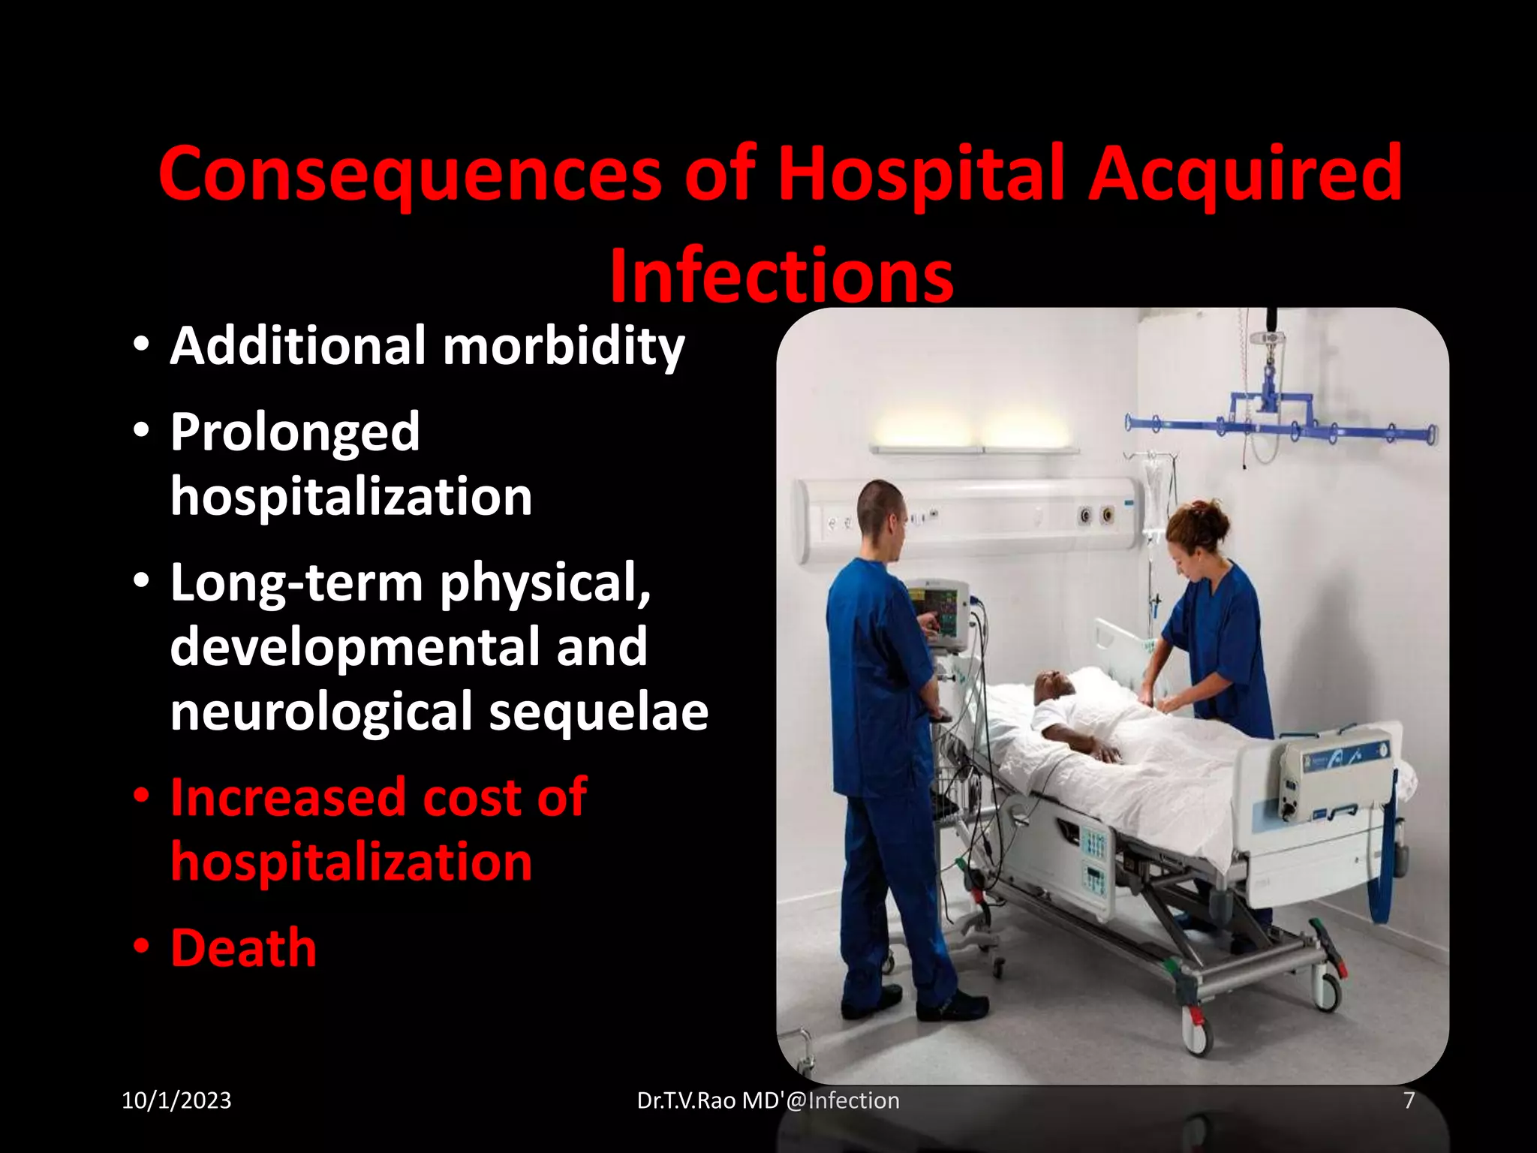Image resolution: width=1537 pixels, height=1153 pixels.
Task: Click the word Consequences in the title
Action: pyautogui.click(x=409, y=174)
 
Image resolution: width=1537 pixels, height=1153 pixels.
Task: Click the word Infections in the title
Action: pyautogui.click(x=781, y=276)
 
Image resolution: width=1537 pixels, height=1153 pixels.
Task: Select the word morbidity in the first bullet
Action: pyautogui.click(x=564, y=346)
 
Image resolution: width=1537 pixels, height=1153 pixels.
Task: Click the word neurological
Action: pyautogui.click(x=321, y=712)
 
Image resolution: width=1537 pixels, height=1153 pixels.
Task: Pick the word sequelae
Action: pyautogui.click(x=598, y=712)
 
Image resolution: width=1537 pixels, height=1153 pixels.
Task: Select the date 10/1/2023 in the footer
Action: pyautogui.click(x=176, y=1100)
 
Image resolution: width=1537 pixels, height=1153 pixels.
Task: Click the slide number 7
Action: pyautogui.click(x=1409, y=1100)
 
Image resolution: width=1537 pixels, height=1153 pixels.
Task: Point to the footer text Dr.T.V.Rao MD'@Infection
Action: pyautogui.click(x=768, y=1100)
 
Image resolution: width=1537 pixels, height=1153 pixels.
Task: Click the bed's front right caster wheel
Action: pyautogui.click(x=1195, y=1034)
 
